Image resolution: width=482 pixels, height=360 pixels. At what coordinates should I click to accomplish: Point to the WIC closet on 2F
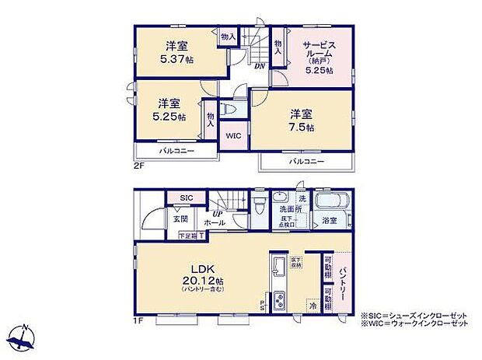[x=233, y=135]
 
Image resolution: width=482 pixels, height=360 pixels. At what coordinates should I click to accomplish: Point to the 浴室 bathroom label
[x=330, y=222]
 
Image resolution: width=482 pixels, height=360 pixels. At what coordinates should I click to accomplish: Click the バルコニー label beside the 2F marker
[x=177, y=150]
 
